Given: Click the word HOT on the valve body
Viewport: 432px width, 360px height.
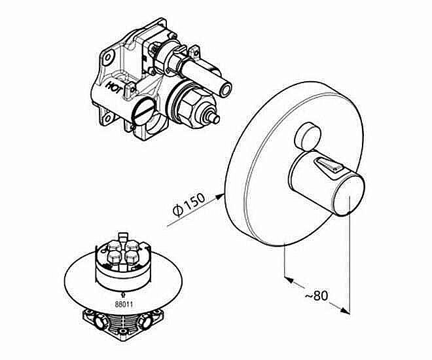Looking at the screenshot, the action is [x=114, y=87].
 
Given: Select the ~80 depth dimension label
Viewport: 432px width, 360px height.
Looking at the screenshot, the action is [x=317, y=296].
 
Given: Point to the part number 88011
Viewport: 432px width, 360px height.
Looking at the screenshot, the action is [x=124, y=304].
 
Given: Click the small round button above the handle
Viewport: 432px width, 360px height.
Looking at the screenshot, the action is [x=308, y=137].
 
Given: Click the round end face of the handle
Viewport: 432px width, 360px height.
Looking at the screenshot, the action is [x=350, y=194].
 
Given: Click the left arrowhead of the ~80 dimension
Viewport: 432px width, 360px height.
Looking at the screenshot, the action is [x=288, y=279].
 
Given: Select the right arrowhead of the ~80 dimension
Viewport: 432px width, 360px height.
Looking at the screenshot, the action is [x=345, y=310].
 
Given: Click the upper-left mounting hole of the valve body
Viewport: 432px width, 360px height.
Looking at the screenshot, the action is [x=107, y=58].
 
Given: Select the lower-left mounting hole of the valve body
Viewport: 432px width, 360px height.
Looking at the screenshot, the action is [x=108, y=118].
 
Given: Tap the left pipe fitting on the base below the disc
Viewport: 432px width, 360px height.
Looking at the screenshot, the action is [x=99, y=321].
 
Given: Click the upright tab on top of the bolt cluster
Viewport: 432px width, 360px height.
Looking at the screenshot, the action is [x=123, y=238].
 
